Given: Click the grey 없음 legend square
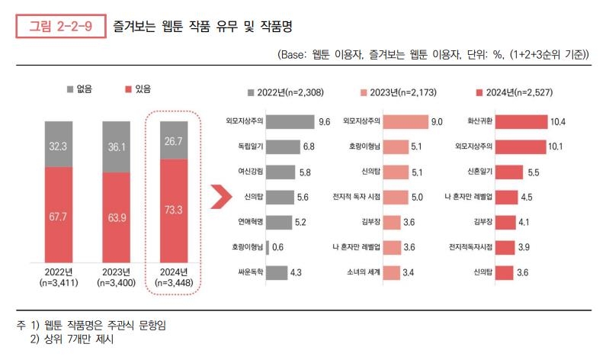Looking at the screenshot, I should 69,89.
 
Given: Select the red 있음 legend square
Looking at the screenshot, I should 127,89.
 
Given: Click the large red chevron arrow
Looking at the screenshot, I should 221,197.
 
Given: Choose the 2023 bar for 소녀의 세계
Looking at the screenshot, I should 392,272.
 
